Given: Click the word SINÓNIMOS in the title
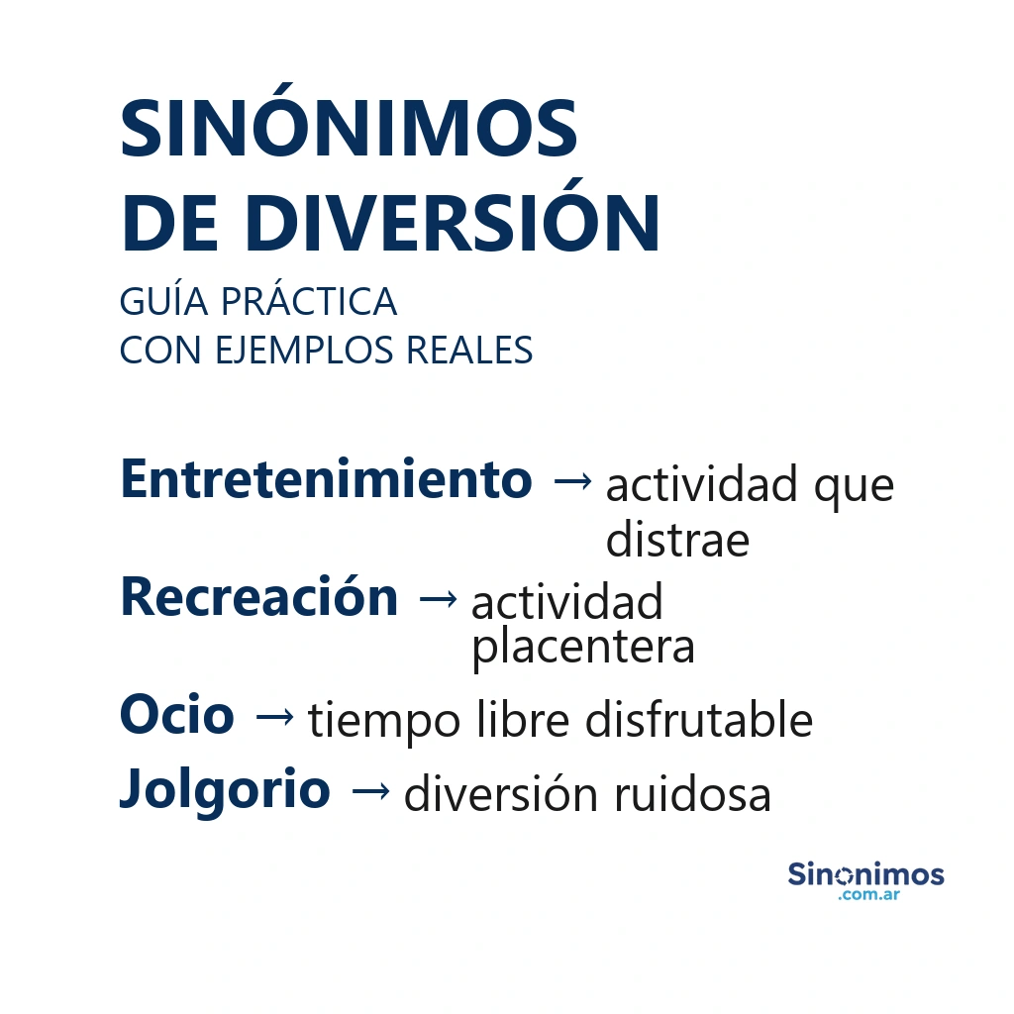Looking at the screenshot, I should click(x=349, y=130).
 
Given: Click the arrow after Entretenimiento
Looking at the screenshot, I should click(x=572, y=481).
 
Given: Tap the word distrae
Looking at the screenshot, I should click(x=677, y=540).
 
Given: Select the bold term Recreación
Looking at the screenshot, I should click(x=258, y=597).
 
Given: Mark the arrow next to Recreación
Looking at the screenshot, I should click(x=438, y=598).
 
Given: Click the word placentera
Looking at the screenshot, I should click(x=582, y=648).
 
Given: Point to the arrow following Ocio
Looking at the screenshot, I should click(x=273, y=716).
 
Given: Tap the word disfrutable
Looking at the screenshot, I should click(x=698, y=720).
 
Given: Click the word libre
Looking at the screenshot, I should click(x=523, y=720).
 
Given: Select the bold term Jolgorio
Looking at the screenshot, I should click(x=225, y=789).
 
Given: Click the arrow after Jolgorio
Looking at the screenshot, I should click(x=370, y=790).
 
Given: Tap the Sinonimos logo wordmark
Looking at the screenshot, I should click(x=865, y=874).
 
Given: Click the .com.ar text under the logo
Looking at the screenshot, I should click(x=867, y=895).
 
